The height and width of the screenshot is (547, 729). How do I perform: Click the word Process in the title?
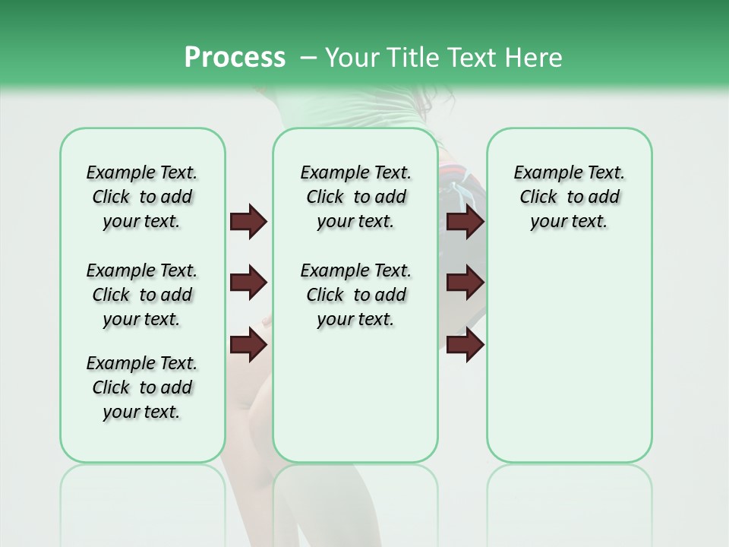(x=235, y=58)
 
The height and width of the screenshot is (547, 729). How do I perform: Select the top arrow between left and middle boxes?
(x=248, y=222)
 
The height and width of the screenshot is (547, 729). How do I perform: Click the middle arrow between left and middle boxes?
(x=248, y=283)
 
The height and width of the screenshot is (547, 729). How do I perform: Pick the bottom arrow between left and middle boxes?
(x=248, y=346)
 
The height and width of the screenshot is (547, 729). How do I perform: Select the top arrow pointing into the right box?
(x=465, y=222)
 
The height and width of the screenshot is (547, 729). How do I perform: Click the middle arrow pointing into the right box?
(x=465, y=283)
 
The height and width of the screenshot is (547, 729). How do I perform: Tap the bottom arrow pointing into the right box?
(x=465, y=346)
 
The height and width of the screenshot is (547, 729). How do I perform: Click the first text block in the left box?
(x=142, y=197)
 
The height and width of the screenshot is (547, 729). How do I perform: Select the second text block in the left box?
(x=142, y=295)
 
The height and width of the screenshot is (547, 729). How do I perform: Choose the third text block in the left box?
(x=142, y=387)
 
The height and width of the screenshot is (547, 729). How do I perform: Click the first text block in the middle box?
(x=355, y=197)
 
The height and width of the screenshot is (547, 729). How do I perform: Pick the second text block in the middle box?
(x=355, y=295)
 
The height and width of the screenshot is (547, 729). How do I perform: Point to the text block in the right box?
(x=569, y=197)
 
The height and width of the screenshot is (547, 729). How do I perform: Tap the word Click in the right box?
(x=538, y=198)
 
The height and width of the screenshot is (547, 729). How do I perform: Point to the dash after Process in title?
(x=308, y=58)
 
